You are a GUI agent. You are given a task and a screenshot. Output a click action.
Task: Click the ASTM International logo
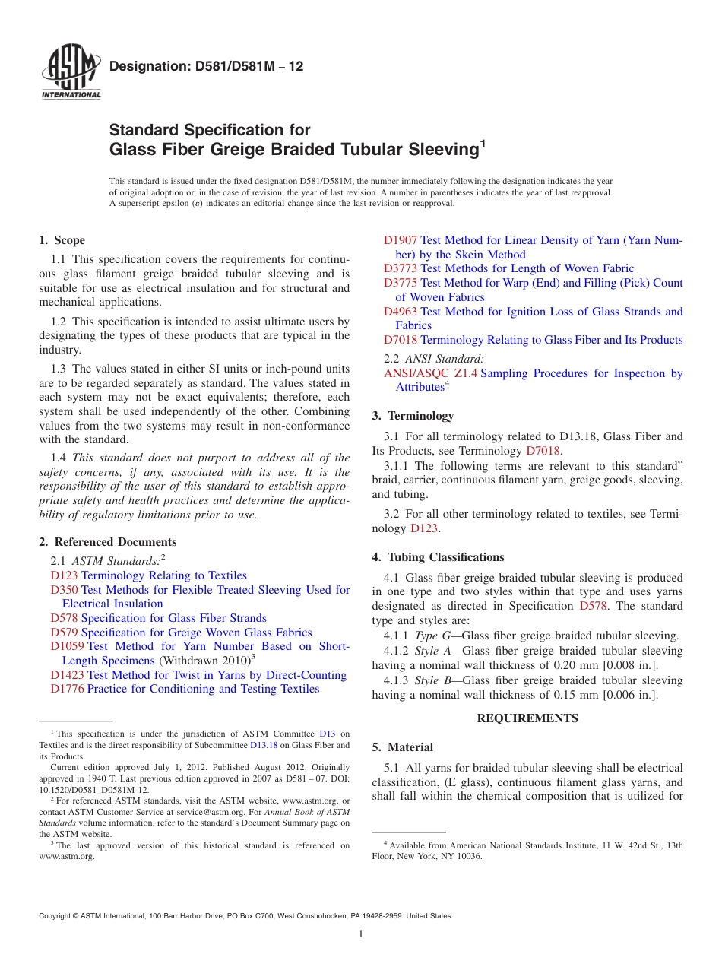[x=71, y=72]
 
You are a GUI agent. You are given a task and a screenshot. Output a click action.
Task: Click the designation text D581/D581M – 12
[x=206, y=66]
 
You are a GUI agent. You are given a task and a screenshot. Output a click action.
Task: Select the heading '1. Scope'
[x=62, y=240]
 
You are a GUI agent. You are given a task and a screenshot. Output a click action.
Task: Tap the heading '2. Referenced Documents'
[x=108, y=542]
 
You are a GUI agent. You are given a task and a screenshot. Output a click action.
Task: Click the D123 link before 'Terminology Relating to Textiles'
[x=64, y=575]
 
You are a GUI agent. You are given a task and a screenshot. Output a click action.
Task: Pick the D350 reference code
[x=64, y=590]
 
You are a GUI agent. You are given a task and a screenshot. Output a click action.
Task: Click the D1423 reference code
[x=67, y=675]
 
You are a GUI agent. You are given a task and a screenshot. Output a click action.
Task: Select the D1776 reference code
[x=67, y=689]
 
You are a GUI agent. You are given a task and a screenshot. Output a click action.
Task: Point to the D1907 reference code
[x=401, y=240]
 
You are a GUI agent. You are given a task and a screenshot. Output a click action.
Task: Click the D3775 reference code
[x=401, y=283]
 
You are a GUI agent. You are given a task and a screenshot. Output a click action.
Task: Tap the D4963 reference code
[x=401, y=312]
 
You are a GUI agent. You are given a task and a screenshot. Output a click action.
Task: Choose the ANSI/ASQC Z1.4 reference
[x=430, y=373]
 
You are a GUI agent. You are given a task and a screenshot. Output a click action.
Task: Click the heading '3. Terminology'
[x=413, y=416]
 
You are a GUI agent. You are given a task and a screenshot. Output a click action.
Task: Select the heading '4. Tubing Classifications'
[x=438, y=557]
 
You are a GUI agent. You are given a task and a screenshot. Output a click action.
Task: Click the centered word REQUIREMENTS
[x=527, y=718]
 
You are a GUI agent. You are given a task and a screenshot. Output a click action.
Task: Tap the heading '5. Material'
[x=403, y=747]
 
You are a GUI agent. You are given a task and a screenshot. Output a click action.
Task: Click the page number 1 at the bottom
[x=361, y=934]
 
